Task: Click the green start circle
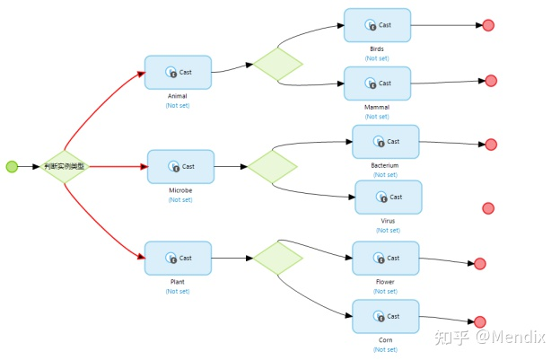click(x=12, y=166)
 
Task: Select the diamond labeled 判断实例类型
click(x=66, y=166)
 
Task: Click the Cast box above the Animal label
click(x=178, y=73)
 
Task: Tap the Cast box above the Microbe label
click(x=180, y=167)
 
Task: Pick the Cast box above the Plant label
click(x=178, y=259)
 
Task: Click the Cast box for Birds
click(x=377, y=25)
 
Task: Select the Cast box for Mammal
click(x=377, y=83)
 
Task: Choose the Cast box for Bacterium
click(x=385, y=142)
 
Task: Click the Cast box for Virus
click(x=388, y=198)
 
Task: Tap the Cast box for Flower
click(x=385, y=259)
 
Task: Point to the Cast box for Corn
click(x=385, y=316)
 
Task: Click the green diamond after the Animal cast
click(x=277, y=63)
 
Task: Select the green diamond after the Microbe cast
click(x=272, y=166)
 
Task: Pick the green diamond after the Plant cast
click(x=277, y=259)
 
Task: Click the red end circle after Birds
click(x=488, y=26)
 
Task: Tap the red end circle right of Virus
click(x=488, y=208)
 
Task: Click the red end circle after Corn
click(x=480, y=321)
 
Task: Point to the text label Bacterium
click(x=385, y=165)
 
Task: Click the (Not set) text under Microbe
click(x=180, y=199)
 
